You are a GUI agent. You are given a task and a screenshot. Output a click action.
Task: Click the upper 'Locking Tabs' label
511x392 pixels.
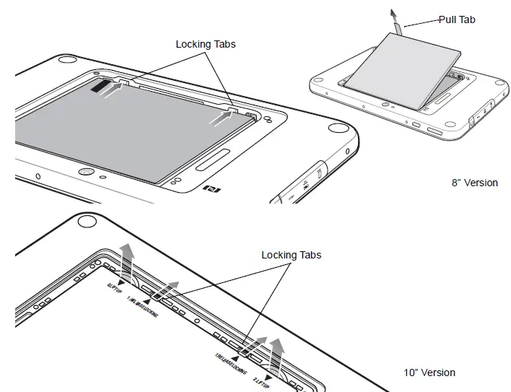click(206, 44)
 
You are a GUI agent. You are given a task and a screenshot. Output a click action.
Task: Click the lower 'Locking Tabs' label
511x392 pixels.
click(291, 255)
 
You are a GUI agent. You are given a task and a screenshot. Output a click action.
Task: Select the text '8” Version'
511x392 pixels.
click(474, 183)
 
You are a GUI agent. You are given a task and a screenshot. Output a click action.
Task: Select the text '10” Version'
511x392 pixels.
click(429, 373)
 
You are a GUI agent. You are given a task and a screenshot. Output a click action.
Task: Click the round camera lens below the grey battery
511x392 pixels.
click(85, 173)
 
